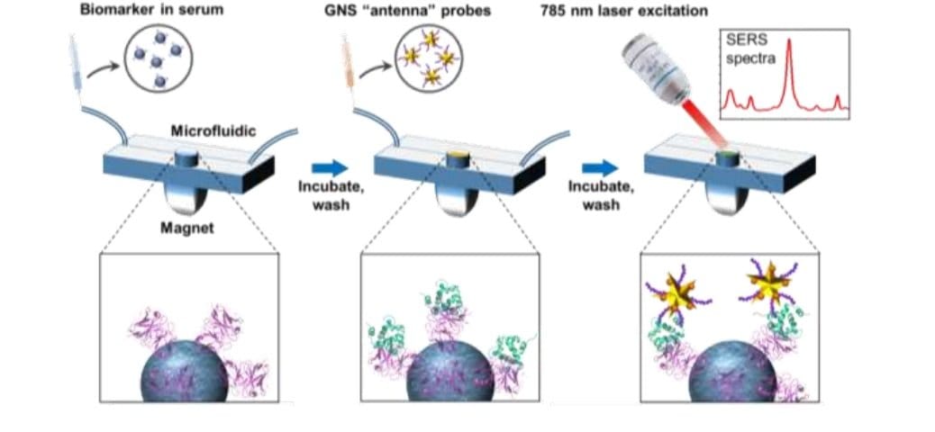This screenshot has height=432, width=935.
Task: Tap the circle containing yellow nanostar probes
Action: point(427,63)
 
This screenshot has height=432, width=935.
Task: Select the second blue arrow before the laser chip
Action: point(599,167)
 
